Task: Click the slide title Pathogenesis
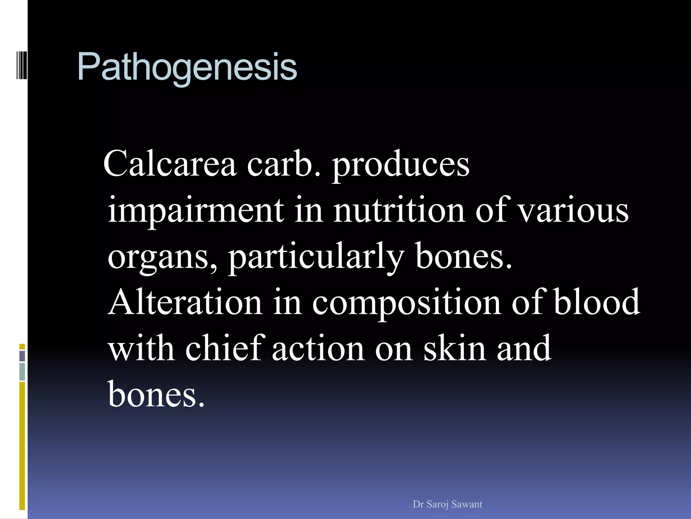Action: [x=187, y=67]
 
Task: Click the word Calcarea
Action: [x=170, y=164]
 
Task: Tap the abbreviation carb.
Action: [x=283, y=164]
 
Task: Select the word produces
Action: [x=401, y=166]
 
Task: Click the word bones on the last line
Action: [x=156, y=394]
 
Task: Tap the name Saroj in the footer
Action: [x=438, y=504]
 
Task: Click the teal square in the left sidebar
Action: [x=22, y=372]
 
